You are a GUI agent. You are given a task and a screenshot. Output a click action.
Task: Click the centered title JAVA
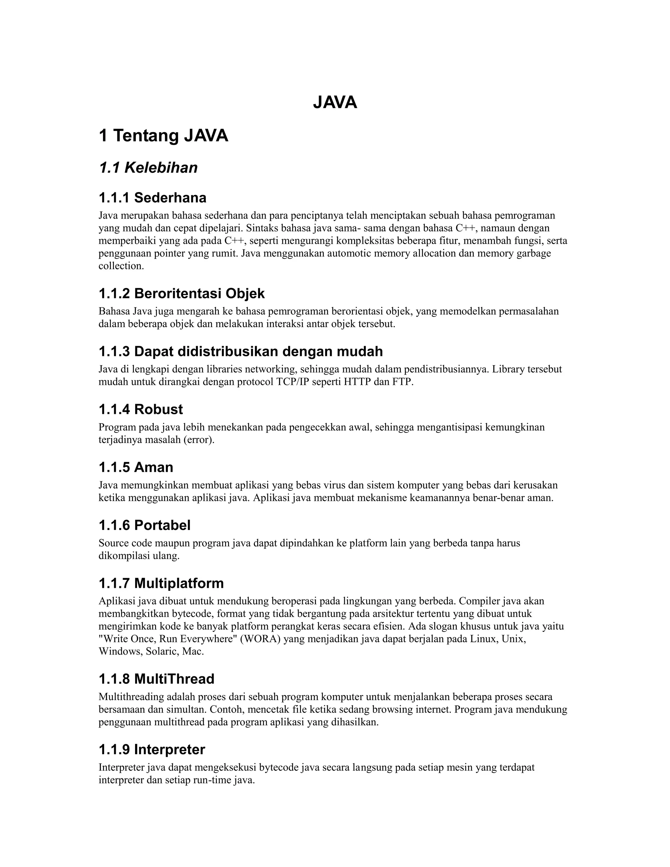tap(335, 102)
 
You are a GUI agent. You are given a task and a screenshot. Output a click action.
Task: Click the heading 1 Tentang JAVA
tap(163, 136)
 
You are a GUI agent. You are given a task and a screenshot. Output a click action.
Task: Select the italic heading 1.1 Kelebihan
tap(148, 168)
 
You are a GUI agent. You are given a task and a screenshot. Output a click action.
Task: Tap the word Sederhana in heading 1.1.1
tap(170, 197)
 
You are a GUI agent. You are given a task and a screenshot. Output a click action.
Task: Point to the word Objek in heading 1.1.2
tap(245, 293)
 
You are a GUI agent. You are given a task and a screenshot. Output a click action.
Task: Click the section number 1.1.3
tap(114, 351)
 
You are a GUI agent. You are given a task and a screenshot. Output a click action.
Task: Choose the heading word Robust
tap(158, 409)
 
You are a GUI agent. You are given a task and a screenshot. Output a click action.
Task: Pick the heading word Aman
tap(154, 467)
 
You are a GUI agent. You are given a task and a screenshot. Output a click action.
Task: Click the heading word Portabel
tap(162, 525)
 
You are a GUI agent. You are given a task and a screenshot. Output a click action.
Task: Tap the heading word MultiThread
tap(174, 679)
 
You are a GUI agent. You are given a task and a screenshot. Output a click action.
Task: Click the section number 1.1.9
tap(114, 750)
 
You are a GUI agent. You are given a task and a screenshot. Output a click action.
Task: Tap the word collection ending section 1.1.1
tap(121, 266)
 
